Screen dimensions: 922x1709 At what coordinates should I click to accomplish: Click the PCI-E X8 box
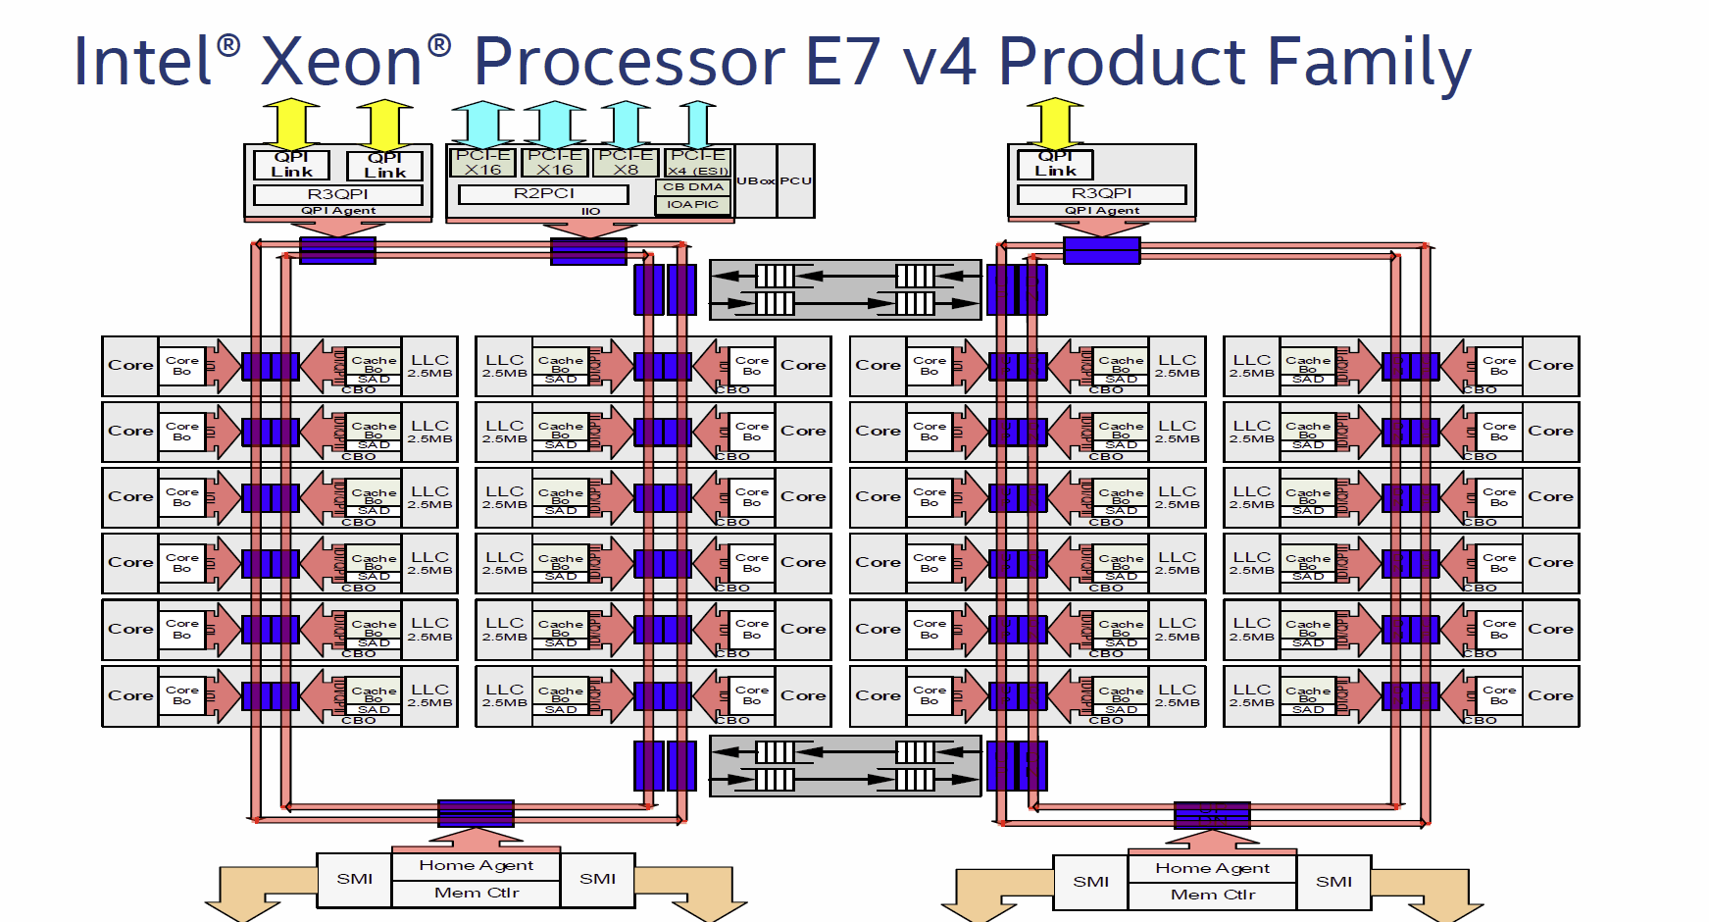point(626,162)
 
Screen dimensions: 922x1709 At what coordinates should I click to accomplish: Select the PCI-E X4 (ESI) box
point(698,162)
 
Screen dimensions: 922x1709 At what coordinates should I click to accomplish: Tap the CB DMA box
point(693,186)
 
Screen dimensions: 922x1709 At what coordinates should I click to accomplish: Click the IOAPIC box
point(692,204)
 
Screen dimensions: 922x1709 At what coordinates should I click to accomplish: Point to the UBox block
point(756,180)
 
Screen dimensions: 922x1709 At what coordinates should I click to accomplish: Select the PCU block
point(795,180)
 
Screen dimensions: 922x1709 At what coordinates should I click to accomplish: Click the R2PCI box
point(544,193)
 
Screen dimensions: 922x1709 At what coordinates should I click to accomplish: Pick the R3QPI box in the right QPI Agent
point(1101,193)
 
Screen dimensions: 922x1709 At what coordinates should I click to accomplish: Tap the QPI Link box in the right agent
point(1055,164)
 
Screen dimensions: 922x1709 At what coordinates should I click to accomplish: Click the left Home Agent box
point(476,865)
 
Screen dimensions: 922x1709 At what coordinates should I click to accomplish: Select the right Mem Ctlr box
point(1212,895)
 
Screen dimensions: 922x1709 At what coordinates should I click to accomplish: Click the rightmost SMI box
point(1333,882)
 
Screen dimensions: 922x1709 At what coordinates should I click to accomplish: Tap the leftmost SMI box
point(354,879)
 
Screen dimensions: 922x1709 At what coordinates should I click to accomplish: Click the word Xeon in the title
point(341,62)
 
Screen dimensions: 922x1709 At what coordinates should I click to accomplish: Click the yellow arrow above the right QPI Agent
point(1055,122)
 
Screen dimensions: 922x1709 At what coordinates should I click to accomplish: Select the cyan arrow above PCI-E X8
point(626,124)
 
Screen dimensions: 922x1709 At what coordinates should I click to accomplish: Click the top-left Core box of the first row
point(130,365)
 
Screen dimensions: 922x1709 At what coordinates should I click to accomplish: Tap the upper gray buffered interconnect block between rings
point(844,289)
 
